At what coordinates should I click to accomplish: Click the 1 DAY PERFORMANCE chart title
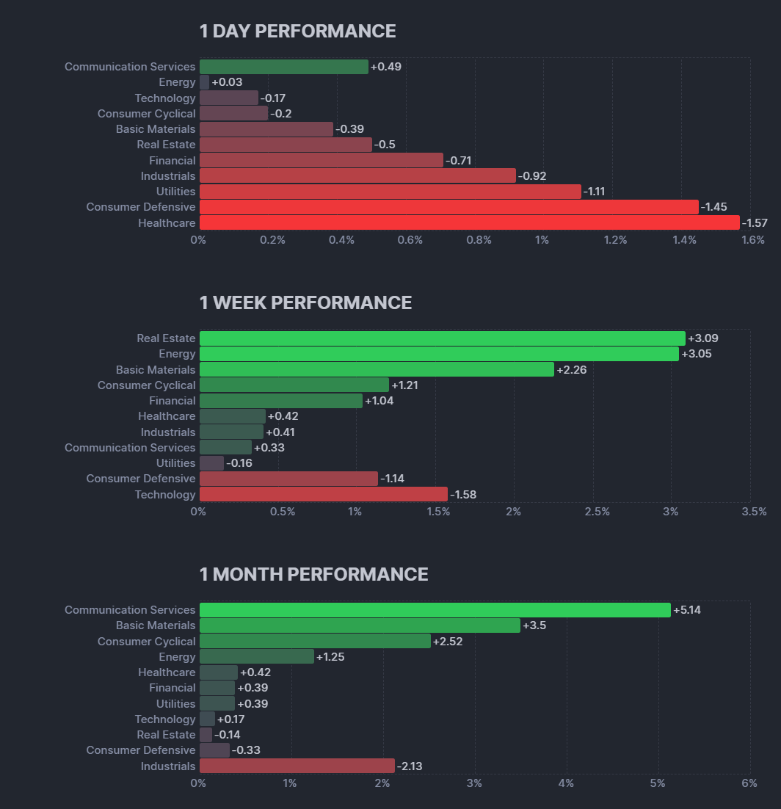pyautogui.click(x=297, y=31)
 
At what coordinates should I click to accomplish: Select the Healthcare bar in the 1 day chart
pyautogui.click(x=469, y=222)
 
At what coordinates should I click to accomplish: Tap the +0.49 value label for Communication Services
pyautogui.click(x=386, y=67)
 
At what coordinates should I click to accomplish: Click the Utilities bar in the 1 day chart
pyautogui.click(x=390, y=192)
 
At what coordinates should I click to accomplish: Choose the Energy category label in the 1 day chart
pyautogui.click(x=177, y=82)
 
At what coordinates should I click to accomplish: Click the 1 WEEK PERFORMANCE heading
pyautogui.click(x=305, y=302)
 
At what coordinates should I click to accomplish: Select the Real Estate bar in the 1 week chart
pyautogui.click(x=442, y=338)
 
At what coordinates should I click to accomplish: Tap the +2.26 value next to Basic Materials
pyautogui.click(x=572, y=369)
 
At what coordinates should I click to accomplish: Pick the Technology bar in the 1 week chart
pyautogui.click(x=323, y=494)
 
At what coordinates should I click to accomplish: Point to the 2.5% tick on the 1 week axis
pyautogui.click(x=597, y=512)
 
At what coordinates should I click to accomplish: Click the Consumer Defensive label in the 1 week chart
pyautogui.click(x=141, y=479)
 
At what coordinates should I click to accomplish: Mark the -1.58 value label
pyautogui.click(x=463, y=495)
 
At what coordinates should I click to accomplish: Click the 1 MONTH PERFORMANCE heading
pyautogui.click(x=313, y=574)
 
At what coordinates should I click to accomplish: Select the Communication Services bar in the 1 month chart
pyautogui.click(x=435, y=610)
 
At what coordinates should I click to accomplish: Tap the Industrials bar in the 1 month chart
pyautogui.click(x=297, y=766)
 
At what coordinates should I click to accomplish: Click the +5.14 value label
pyautogui.click(x=687, y=610)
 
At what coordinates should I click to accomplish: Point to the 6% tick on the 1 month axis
pyautogui.click(x=749, y=783)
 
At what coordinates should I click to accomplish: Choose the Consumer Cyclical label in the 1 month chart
pyautogui.click(x=147, y=642)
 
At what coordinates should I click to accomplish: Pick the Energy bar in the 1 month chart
pyautogui.click(x=256, y=656)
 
